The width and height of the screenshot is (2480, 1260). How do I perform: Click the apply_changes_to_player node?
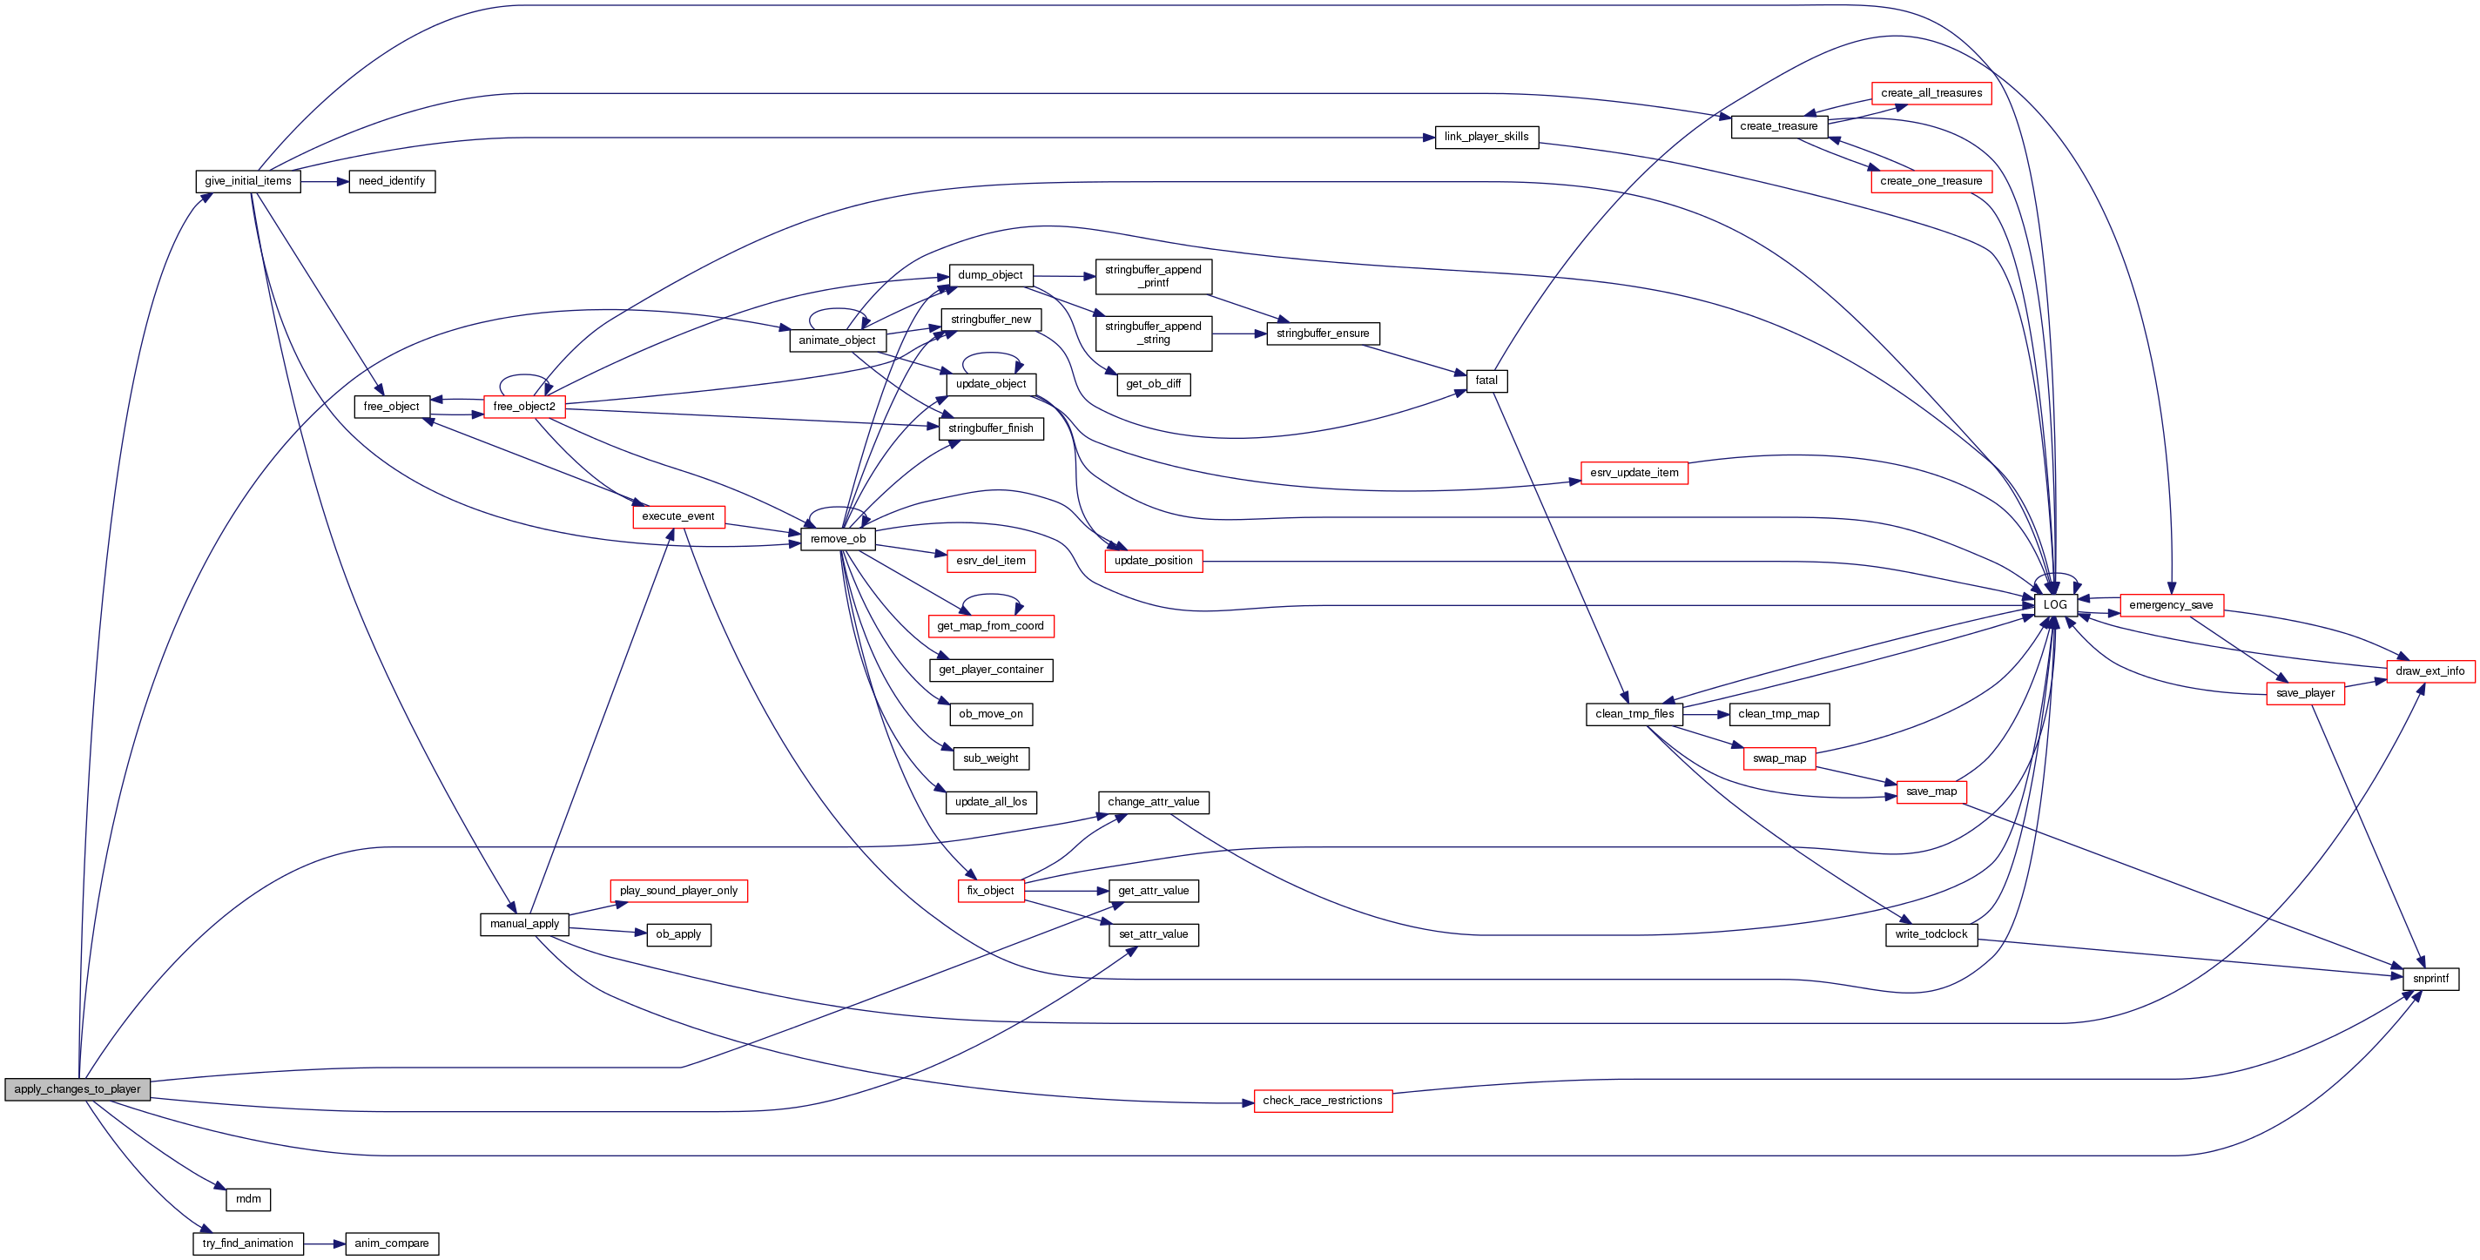click(x=77, y=1089)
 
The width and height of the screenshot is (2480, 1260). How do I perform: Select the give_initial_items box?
click(x=247, y=181)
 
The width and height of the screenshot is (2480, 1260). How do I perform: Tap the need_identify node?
click(x=391, y=181)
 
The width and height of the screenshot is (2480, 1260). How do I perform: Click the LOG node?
click(x=2054, y=604)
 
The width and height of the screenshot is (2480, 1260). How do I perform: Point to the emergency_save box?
click(x=2170, y=604)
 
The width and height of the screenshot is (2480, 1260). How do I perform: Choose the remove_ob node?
click(x=838, y=539)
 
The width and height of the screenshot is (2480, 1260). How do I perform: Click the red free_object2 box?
click(x=523, y=406)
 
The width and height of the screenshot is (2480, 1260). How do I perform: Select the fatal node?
click(x=1486, y=381)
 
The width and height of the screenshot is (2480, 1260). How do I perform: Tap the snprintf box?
click(x=2430, y=979)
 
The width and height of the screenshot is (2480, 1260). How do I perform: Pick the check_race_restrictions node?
click(x=1322, y=1100)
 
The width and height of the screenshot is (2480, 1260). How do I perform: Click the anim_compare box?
click(x=391, y=1243)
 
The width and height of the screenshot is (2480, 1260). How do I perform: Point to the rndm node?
click(x=248, y=1199)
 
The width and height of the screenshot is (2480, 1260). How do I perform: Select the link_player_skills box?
click(x=1486, y=137)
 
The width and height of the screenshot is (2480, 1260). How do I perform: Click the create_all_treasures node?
click(x=1931, y=93)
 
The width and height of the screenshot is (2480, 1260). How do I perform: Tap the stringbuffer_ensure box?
click(x=1322, y=333)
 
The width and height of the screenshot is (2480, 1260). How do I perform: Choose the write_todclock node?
click(x=1931, y=934)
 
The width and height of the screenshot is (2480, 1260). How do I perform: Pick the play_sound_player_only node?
click(x=677, y=891)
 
